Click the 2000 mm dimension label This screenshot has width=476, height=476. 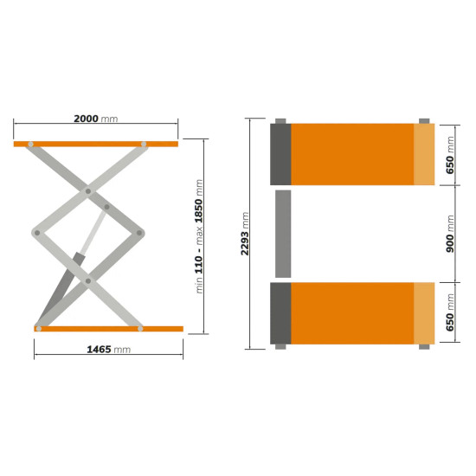pyautogui.click(x=95, y=119)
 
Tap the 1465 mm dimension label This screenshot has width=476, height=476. pyautogui.click(x=109, y=350)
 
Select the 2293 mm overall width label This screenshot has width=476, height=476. pyautogui.click(x=245, y=234)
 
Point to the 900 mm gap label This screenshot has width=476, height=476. pyautogui.click(x=450, y=234)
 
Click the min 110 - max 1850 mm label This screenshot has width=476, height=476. pyautogui.click(x=199, y=236)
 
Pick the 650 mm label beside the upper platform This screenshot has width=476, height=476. pyautogui.click(x=450, y=155)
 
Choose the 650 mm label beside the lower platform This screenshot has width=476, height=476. pyautogui.click(x=450, y=312)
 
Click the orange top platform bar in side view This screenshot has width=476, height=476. pyautogui.click(x=96, y=144)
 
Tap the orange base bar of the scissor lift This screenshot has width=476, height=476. pyautogui.click(x=109, y=329)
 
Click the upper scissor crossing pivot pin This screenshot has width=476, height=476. pyautogui.click(x=88, y=191)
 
